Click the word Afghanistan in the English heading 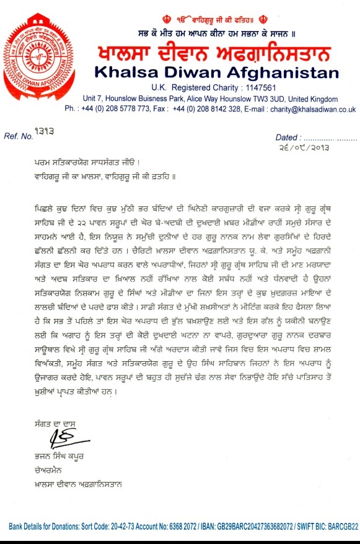[x=274, y=72]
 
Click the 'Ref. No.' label [x=18, y=135]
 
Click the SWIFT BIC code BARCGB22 [x=340, y=527]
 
